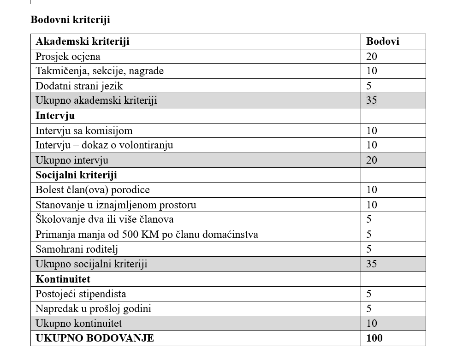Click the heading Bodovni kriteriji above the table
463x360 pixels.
tap(70, 20)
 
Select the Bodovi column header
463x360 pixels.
tap(382, 41)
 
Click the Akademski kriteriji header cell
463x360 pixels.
tap(83, 41)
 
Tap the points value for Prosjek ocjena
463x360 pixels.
tap(372, 56)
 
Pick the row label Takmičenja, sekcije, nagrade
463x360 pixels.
tap(100, 71)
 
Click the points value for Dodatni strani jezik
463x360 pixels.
tap(369, 86)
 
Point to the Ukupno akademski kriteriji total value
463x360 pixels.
tap(372, 100)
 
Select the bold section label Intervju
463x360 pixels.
tap(55, 115)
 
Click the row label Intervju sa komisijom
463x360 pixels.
tap(84, 130)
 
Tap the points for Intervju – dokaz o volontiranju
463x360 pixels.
tap(372, 145)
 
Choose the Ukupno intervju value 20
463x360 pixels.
tap(372, 160)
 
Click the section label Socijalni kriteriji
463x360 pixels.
tap(76, 175)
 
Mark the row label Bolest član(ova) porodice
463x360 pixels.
tap(93, 189)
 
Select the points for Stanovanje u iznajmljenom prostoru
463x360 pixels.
tap(372, 205)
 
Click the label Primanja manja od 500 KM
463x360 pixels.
tap(147, 234)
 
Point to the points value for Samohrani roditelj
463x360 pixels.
tap(369, 249)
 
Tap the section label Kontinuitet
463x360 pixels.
tap(63, 279)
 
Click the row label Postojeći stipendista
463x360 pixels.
tap(81, 294)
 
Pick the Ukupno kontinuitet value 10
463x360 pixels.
tap(372, 323)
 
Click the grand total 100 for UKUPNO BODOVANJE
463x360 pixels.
tap(374, 338)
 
